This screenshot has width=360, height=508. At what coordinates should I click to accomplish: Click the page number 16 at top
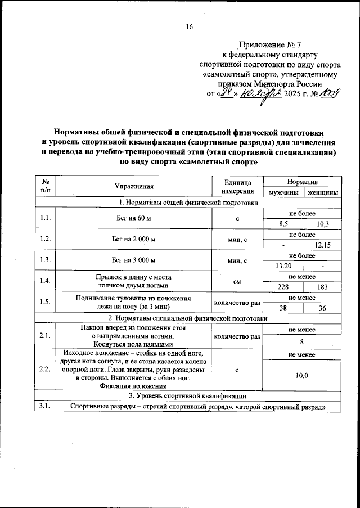pos(190,27)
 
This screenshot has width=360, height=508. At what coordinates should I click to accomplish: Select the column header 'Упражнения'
pos(134,186)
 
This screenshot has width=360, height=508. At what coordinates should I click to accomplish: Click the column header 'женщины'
pos(322,192)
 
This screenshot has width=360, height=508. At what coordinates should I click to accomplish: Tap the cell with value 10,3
pos(322,224)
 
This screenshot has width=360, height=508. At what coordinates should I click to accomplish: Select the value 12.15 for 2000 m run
pos(322,245)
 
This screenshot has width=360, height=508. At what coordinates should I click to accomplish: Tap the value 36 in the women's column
pos(322,308)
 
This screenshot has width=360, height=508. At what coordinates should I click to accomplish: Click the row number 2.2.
pos(45,370)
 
